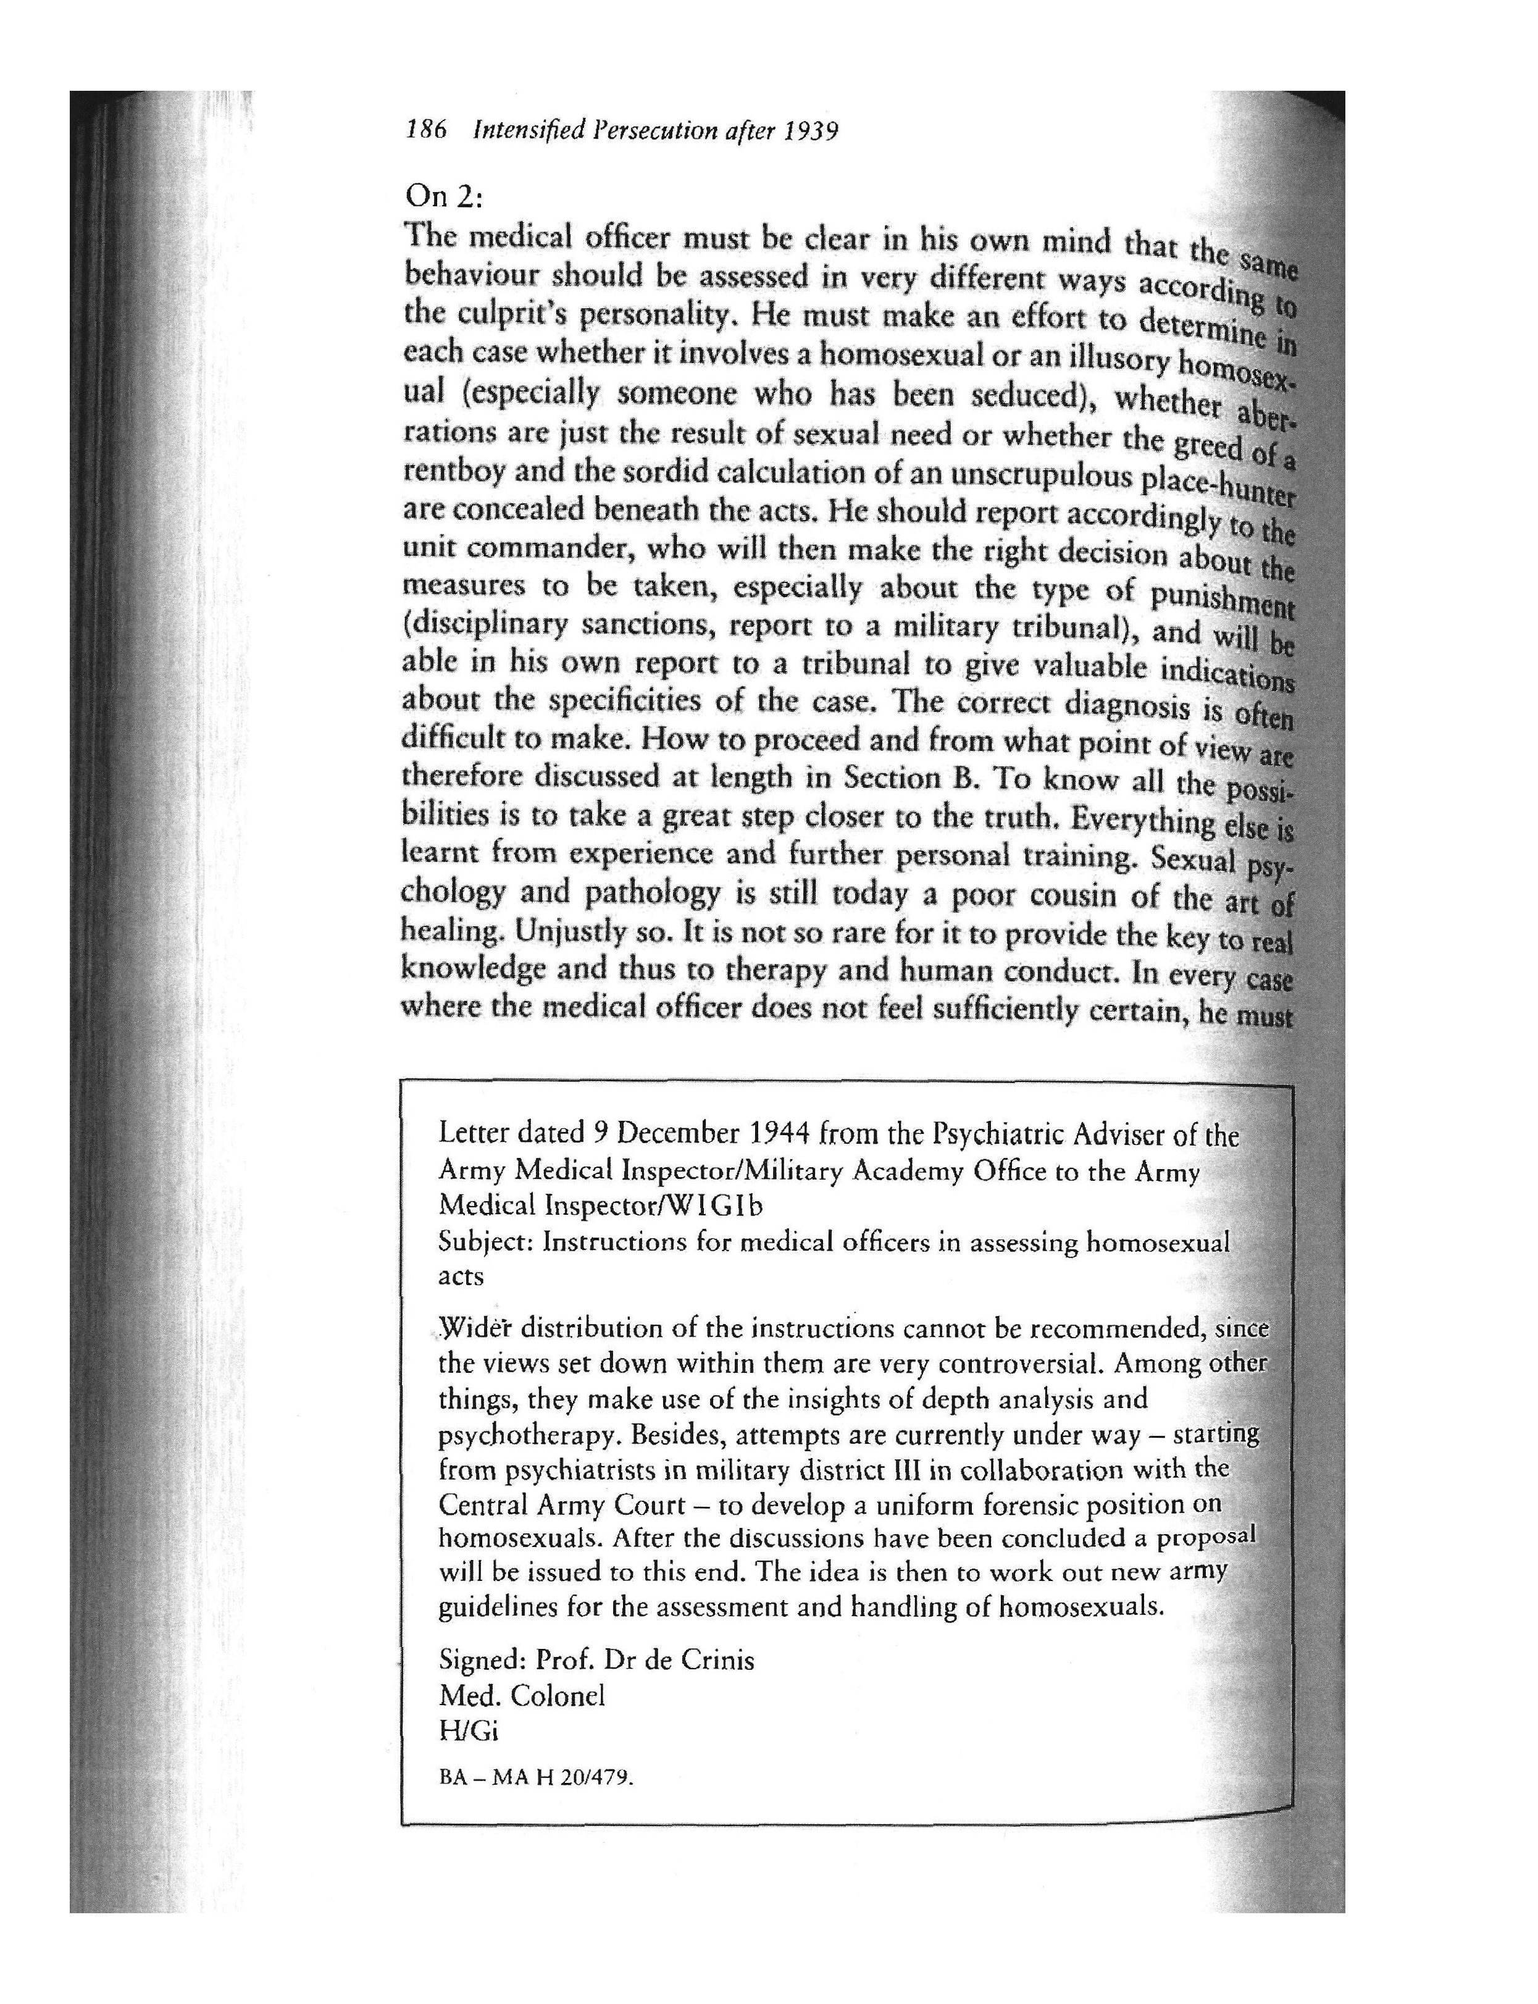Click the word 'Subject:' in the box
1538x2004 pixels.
pos(486,1243)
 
